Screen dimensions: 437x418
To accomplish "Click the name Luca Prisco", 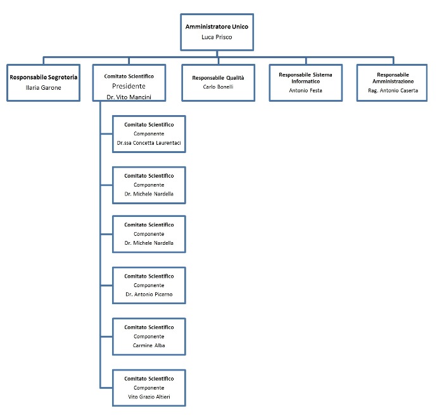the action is click(x=217, y=37).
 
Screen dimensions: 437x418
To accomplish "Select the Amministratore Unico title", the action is click(x=217, y=27).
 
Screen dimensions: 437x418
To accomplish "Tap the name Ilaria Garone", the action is click(x=44, y=88).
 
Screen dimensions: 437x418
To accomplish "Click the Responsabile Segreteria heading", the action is click(x=44, y=77).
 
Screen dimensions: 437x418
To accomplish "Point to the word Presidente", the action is click(x=129, y=86).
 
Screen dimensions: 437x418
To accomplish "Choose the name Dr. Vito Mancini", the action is click(x=129, y=97).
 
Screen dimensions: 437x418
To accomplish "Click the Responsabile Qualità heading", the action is click(x=218, y=78).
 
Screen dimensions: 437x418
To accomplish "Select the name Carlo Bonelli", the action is click(x=218, y=87).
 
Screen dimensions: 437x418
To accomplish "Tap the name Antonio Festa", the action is click(x=306, y=90).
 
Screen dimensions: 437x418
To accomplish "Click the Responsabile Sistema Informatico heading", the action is click(x=306, y=78).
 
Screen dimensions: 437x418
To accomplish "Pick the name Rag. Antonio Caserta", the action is click(x=393, y=90).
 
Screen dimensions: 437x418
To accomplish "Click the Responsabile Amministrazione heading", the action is click(x=393, y=78).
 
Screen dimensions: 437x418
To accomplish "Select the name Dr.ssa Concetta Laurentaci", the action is click(x=149, y=143).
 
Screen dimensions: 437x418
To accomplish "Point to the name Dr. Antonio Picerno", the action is click(x=149, y=295).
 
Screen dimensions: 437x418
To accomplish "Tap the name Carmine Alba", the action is click(x=149, y=346).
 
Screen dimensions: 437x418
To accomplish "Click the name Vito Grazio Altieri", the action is click(x=149, y=397).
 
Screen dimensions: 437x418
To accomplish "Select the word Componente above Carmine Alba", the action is click(x=149, y=336).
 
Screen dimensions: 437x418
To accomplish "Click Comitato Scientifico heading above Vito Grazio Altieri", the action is click(x=149, y=379).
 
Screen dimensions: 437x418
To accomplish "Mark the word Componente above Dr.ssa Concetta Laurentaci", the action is click(x=149, y=134).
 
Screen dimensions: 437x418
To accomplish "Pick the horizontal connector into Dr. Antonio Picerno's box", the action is click(x=106, y=285).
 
